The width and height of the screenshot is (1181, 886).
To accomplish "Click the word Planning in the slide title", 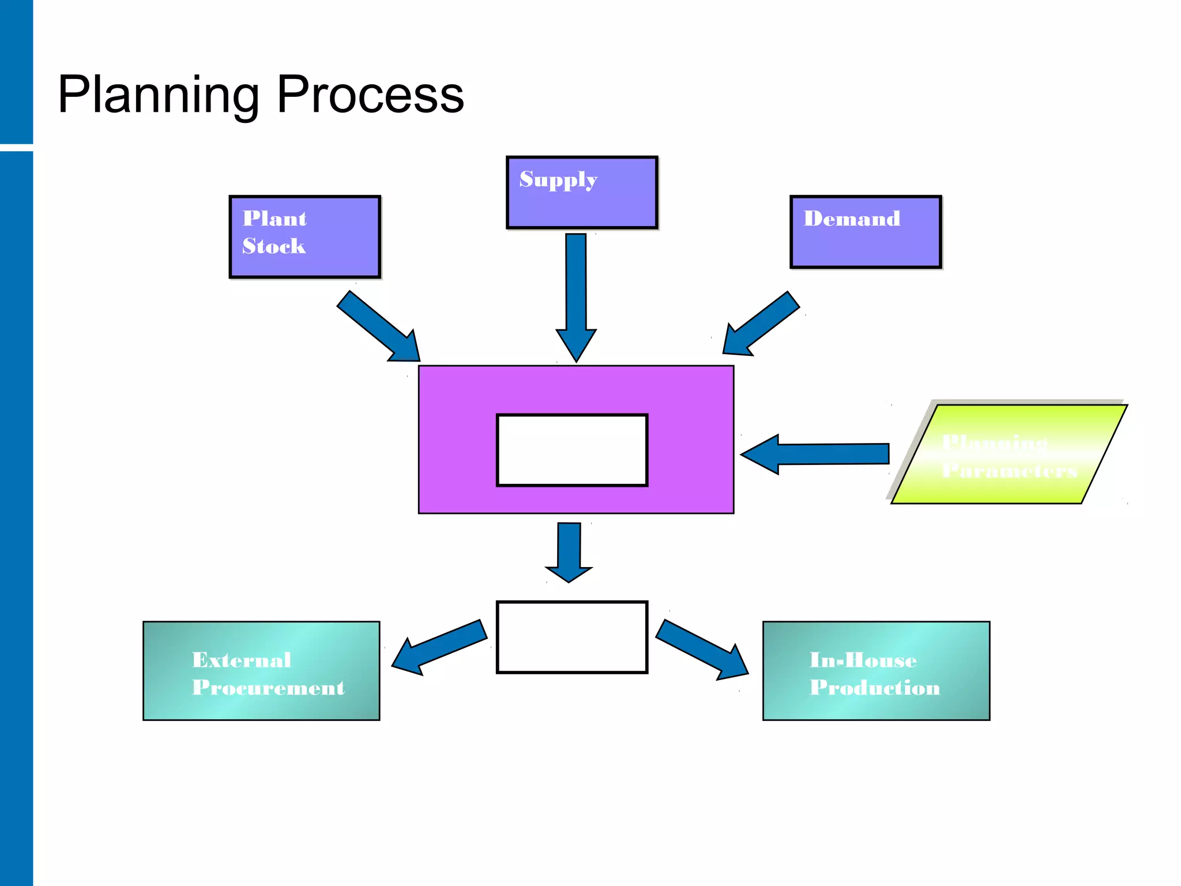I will click(159, 95).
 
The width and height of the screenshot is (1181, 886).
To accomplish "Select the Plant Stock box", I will click(304, 236).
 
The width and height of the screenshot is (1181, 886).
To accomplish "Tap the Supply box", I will click(581, 193).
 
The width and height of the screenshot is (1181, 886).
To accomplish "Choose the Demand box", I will click(865, 232).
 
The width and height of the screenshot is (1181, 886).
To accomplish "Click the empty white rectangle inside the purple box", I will click(572, 450).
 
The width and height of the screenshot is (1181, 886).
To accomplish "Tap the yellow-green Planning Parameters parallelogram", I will click(1009, 455).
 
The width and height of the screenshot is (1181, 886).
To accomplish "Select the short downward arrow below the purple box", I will click(569, 551).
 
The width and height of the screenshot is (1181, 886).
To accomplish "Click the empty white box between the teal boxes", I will click(572, 637).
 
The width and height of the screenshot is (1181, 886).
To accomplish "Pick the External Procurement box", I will click(261, 670).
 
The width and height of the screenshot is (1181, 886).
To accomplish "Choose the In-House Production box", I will click(875, 670).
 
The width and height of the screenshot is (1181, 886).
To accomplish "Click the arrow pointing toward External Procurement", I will click(438, 647).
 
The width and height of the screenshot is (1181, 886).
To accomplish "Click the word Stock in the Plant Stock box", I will click(274, 246).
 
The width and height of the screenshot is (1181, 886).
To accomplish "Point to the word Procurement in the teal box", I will click(268, 688).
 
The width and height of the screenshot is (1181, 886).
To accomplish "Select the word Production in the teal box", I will click(874, 688).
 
